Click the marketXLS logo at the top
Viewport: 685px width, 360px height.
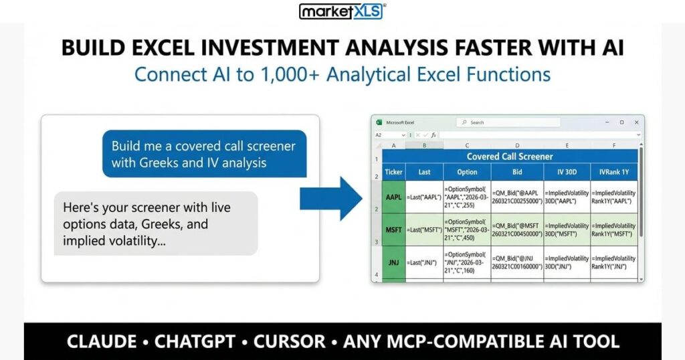pos(342,11)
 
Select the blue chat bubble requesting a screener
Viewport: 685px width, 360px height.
pos(203,155)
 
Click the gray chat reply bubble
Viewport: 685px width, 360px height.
pos(155,223)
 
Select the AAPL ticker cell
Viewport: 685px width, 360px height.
pos(394,198)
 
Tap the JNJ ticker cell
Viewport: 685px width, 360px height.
pos(394,262)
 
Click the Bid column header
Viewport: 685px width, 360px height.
pos(517,172)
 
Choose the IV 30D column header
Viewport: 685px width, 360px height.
pos(566,172)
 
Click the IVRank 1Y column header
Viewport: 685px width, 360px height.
pos(613,172)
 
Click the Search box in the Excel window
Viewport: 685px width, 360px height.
pos(508,122)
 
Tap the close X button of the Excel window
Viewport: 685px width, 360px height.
pos(635,122)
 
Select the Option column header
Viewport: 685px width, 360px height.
pos(467,172)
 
